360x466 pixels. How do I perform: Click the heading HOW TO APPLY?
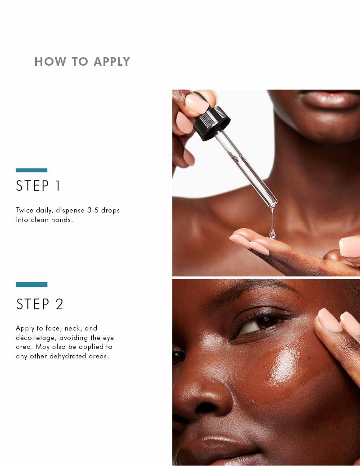coord(82,62)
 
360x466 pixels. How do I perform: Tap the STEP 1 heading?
coord(38,186)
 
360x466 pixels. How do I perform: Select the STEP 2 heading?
coord(40,304)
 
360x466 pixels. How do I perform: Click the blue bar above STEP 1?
coord(31,170)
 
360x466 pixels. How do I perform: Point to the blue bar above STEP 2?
coord(31,285)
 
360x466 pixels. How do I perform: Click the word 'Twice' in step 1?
coord(25,210)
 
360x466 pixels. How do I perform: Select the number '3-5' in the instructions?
coord(93,210)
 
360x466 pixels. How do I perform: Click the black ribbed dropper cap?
coord(212,123)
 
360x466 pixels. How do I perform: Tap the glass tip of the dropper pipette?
coord(273,204)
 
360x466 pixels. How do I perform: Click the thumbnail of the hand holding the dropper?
coord(197,104)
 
